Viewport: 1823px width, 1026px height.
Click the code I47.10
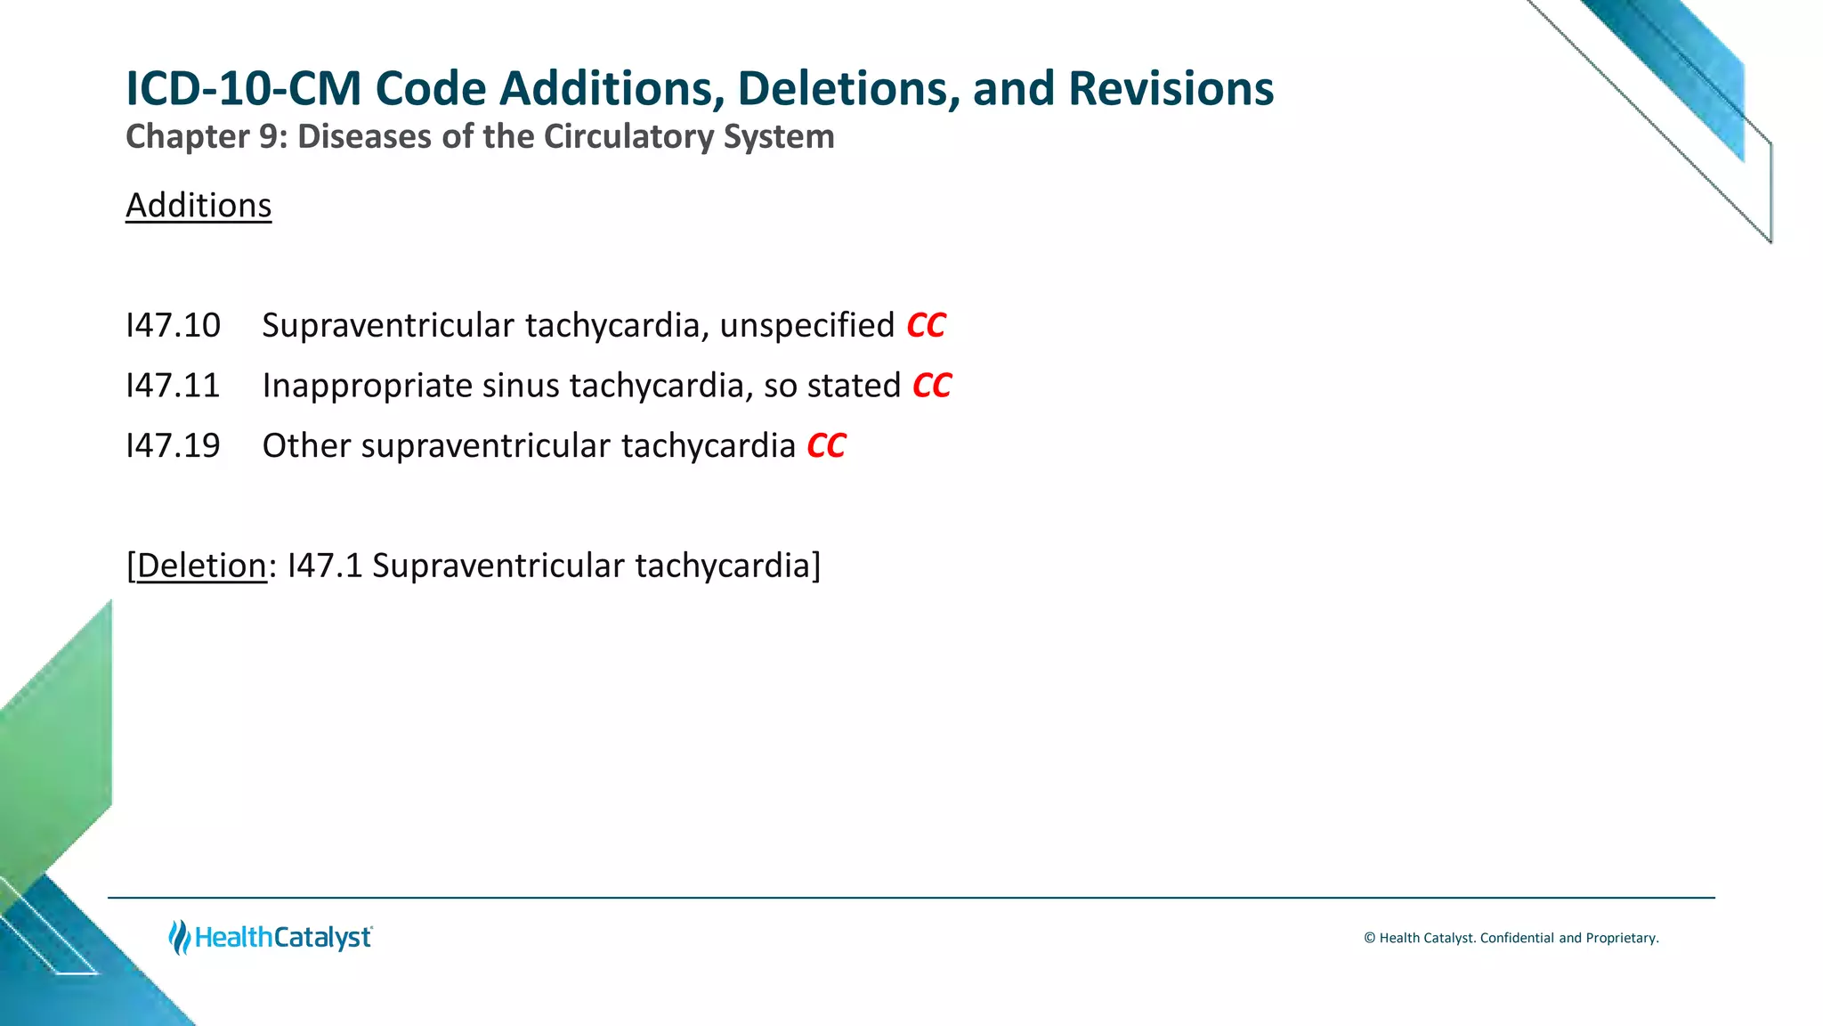coord(173,326)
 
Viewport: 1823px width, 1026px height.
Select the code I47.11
coord(173,386)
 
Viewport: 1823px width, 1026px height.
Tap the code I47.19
coord(173,446)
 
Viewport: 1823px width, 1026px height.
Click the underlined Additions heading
coord(199,206)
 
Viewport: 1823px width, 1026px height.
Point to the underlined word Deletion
coord(201,566)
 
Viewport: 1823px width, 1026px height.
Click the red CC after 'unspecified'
coord(926,326)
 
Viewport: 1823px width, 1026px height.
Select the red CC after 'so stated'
coord(932,386)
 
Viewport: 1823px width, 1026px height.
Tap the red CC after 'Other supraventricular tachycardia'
coord(826,446)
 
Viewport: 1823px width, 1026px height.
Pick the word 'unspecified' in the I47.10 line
coord(806,326)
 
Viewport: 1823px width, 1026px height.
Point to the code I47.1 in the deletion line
coord(325,566)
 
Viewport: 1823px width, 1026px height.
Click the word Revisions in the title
coord(1171,89)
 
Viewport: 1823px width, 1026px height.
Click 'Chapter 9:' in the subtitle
coord(206,137)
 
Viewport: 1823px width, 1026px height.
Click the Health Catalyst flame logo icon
coord(179,937)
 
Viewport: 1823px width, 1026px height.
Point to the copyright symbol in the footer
coord(1369,938)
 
